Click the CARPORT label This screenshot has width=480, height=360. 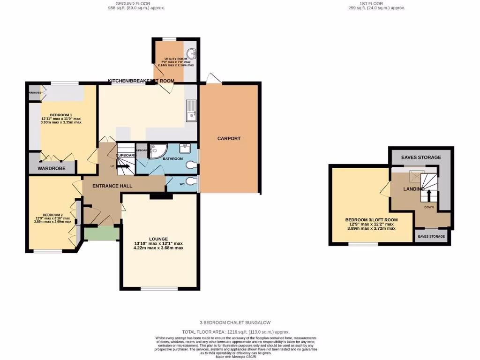pyautogui.click(x=229, y=138)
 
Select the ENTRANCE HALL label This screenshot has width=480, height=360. pyautogui.click(x=112, y=186)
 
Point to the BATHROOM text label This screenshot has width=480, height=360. pyautogui.click(x=172, y=159)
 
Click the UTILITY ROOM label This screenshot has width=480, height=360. pyautogui.click(x=170, y=58)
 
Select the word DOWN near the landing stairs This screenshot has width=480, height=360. pyautogui.click(x=429, y=207)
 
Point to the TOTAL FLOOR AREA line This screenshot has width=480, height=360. pyautogui.click(x=235, y=331)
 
